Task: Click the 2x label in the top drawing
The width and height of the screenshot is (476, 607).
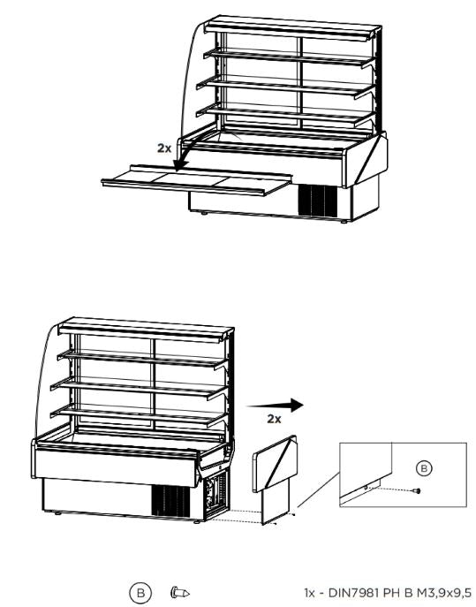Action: click(x=164, y=148)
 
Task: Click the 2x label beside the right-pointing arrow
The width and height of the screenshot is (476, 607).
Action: click(x=274, y=419)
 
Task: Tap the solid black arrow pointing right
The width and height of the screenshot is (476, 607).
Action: click(x=283, y=405)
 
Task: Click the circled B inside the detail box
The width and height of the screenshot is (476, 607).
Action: click(x=424, y=467)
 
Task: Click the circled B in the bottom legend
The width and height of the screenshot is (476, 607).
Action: click(x=140, y=592)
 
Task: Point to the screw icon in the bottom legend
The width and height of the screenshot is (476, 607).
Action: click(x=180, y=592)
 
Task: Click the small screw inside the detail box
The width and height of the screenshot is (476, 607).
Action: click(x=416, y=491)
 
